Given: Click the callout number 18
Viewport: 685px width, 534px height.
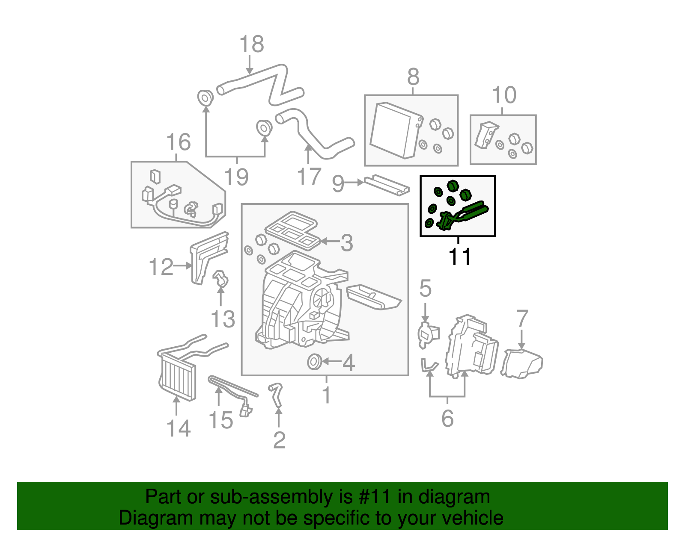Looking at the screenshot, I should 251,44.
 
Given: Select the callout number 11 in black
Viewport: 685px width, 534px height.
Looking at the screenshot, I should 459,257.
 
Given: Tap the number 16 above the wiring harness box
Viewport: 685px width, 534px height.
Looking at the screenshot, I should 178,142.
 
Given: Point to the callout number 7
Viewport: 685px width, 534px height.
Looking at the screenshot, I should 522,319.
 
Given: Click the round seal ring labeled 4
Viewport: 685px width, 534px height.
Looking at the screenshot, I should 314,362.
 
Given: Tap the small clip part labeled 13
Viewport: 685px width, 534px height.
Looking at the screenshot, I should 220,278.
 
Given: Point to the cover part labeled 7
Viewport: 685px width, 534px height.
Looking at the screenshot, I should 522,363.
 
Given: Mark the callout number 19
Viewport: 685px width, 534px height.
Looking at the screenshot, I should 236,177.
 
